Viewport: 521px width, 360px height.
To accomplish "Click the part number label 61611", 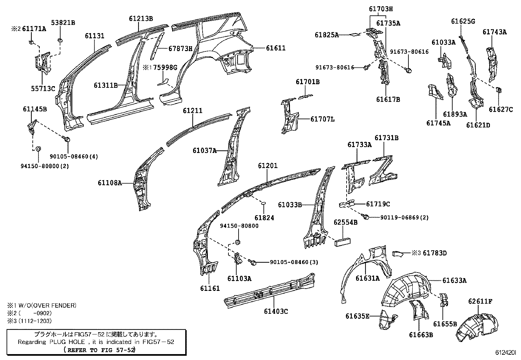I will pos(276,48).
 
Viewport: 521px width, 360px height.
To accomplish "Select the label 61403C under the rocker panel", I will pos(276,311).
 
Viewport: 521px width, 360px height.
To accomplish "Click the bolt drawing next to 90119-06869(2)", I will pos(366,217).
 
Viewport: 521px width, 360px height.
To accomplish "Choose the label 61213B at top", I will pos(141,18).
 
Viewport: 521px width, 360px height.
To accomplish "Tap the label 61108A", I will pos(109,182).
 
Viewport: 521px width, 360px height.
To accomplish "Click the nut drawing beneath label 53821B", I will pos(60,40).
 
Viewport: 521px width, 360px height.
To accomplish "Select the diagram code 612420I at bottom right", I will pos(505,353).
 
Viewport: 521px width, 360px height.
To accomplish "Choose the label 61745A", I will pos(438,123).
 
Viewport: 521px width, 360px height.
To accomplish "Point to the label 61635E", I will pos(357,316).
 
